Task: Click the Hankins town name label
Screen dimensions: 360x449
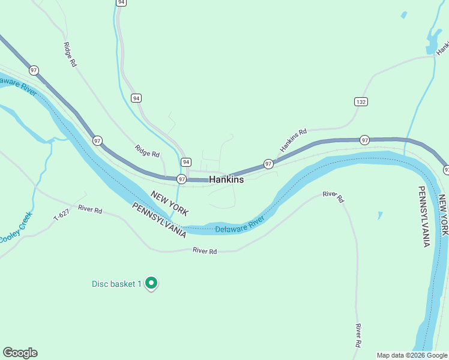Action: [226, 179]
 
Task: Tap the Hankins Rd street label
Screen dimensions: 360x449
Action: [293, 140]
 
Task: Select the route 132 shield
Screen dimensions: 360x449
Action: [360, 102]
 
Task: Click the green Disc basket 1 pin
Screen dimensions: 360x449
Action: [151, 283]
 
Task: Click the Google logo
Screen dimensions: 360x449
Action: [20, 353]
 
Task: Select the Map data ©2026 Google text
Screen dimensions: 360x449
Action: [412, 355]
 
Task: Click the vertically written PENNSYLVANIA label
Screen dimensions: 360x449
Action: [424, 216]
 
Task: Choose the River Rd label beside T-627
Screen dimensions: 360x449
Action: [90, 211]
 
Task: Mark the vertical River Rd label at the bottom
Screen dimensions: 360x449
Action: [358, 335]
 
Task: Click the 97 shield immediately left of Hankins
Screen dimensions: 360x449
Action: [181, 179]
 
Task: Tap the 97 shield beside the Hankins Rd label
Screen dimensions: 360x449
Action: [268, 164]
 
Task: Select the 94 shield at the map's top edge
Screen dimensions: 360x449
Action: [122, 2]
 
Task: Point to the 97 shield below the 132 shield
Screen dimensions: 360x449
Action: [364, 140]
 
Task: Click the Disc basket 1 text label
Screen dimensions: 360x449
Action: [116, 284]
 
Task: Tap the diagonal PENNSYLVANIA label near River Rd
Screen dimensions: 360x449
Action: [158, 220]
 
